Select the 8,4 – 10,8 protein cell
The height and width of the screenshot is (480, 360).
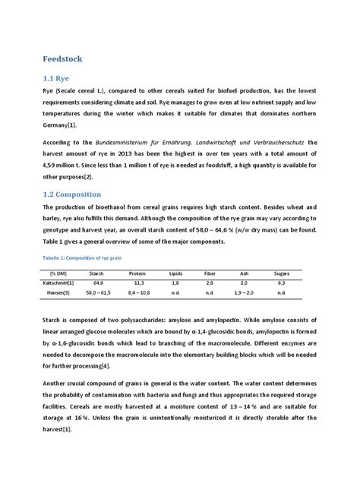pos(137,292)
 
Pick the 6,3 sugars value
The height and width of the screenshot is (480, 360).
pos(282,281)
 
